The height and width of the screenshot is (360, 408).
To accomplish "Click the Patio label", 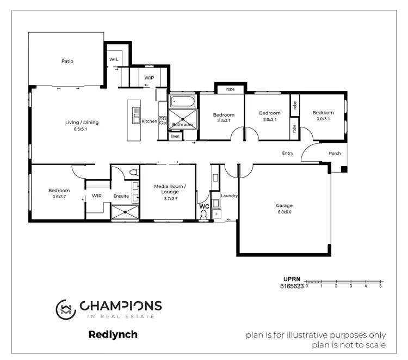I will pyautogui.click(x=67, y=61).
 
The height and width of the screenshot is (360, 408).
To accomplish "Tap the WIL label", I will pyautogui.click(x=114, y=59).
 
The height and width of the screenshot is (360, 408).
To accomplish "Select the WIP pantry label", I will pyautogui.click(x=149, y=78).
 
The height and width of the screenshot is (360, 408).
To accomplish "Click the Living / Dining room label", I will pyautogui.click(x=82, y=123).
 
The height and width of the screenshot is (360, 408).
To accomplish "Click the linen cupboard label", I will pyautogui.click(x=175, y=136).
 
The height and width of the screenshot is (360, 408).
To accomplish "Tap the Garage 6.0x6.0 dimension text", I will pyautogui.click(x=283, y=212).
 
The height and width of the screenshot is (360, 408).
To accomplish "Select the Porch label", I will pyautogui.click(x=335, y=153).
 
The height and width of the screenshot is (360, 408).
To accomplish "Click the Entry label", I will pyautogui.click(x=287, y=153).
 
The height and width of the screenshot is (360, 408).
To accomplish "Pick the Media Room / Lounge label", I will pyautogui.click(x=170, y=189).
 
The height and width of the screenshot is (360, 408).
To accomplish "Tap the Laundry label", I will pyautogui.click(x=229, y=196).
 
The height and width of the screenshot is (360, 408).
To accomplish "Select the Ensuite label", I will pyautogui.click(x=121, y=196).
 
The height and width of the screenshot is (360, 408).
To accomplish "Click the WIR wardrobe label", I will pyautogui.click(x=97, y=196).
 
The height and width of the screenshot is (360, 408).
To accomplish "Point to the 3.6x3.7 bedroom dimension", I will pyautogui.click(x=59, y=197).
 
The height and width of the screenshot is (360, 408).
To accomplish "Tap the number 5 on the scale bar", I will pyautogui.click(x=380, y=285).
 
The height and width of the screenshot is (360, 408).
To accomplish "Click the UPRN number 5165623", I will pyautogui.click(x=292, y=285).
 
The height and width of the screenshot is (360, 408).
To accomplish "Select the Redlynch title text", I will pyautogui.click(x=113, y=334).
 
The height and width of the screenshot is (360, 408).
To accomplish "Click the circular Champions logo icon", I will pyautogui.click(x=66, y=309).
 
